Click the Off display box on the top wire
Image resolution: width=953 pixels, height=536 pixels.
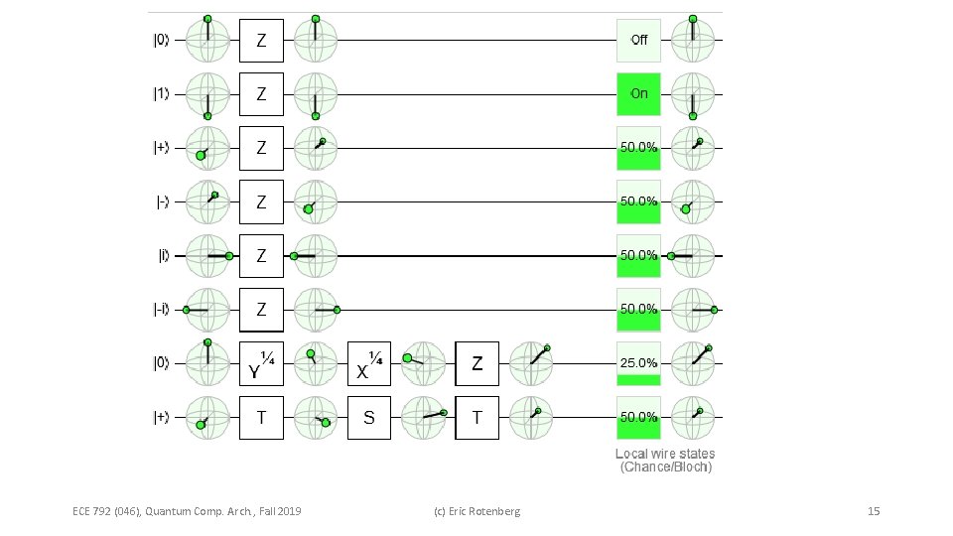point(638,41)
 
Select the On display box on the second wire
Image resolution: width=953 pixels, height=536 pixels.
point(638,94)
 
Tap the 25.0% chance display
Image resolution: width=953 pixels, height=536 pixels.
point(638,363)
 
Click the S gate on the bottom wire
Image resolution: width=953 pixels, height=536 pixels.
point(369,418)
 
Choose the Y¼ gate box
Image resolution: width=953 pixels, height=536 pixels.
point(261,363)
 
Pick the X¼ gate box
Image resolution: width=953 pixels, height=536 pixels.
point(369,363)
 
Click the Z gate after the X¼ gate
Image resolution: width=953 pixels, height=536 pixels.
point(476,363)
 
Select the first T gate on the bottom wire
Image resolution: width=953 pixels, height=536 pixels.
point(261,418)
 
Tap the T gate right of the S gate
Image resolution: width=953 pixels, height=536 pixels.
point(476,418)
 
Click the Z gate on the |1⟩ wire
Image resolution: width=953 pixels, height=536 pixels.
point(261,94)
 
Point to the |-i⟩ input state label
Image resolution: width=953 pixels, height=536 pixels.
point(160,310)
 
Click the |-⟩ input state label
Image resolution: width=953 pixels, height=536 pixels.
point(160,202)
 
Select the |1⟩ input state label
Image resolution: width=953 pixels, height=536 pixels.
point(160,94)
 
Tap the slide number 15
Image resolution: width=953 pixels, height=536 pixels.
point(874,511)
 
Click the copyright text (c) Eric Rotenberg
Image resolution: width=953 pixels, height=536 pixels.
point(477,511)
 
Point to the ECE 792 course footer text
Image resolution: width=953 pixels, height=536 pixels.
point(187,511)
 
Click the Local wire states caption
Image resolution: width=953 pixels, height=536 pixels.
point(665,460)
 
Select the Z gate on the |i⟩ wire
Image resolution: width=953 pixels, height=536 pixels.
point(261,256)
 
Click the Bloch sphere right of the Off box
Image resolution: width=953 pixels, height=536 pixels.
point(692,41)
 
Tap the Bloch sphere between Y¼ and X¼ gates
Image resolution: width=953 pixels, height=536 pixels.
point(316,363)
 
